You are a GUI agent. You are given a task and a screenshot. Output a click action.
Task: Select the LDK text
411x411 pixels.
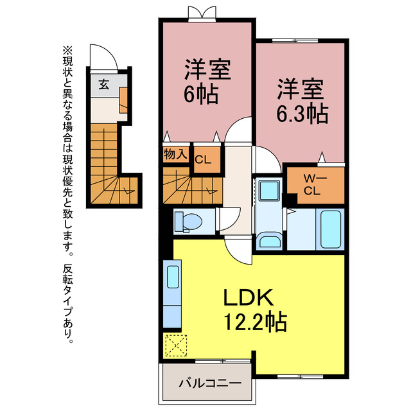click(249, 297)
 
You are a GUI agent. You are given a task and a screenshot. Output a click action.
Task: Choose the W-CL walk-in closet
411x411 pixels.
click(312, 184)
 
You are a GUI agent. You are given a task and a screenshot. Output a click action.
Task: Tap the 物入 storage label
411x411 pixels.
click(175, 154)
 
